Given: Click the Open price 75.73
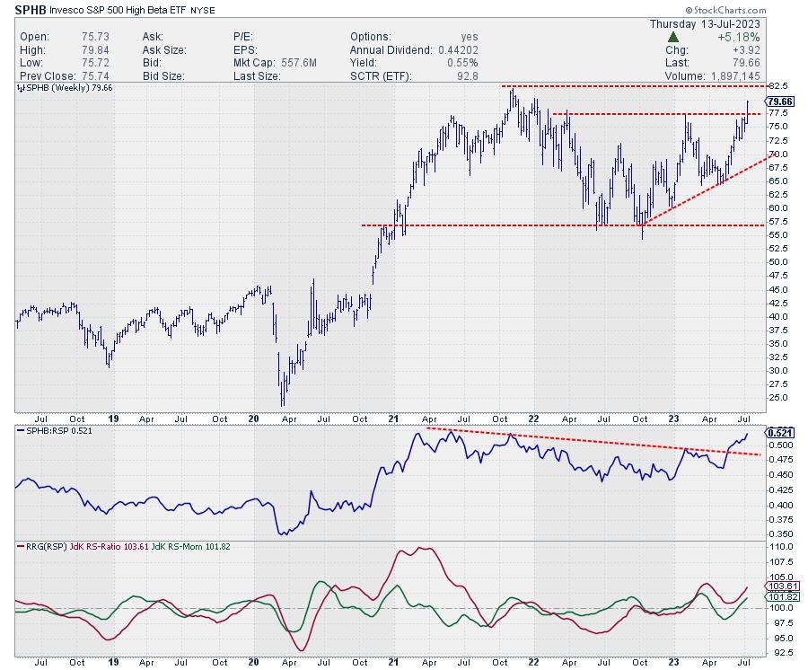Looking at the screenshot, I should point(66,38).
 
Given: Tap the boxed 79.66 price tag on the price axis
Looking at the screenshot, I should point(781,102).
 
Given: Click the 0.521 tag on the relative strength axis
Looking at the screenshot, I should point(779,432).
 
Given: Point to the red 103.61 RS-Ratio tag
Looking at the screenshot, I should point(780,586).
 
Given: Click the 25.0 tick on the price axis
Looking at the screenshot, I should point(779,397).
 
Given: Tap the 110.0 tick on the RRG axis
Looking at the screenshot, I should point(781,546).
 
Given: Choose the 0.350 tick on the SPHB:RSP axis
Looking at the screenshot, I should point(780,533).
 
